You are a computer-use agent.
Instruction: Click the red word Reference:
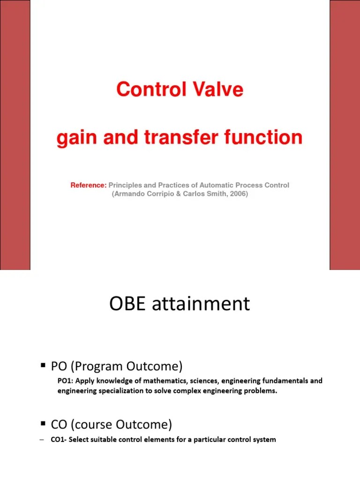[x=89, y=185]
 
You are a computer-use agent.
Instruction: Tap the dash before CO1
[x=42, y=440]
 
